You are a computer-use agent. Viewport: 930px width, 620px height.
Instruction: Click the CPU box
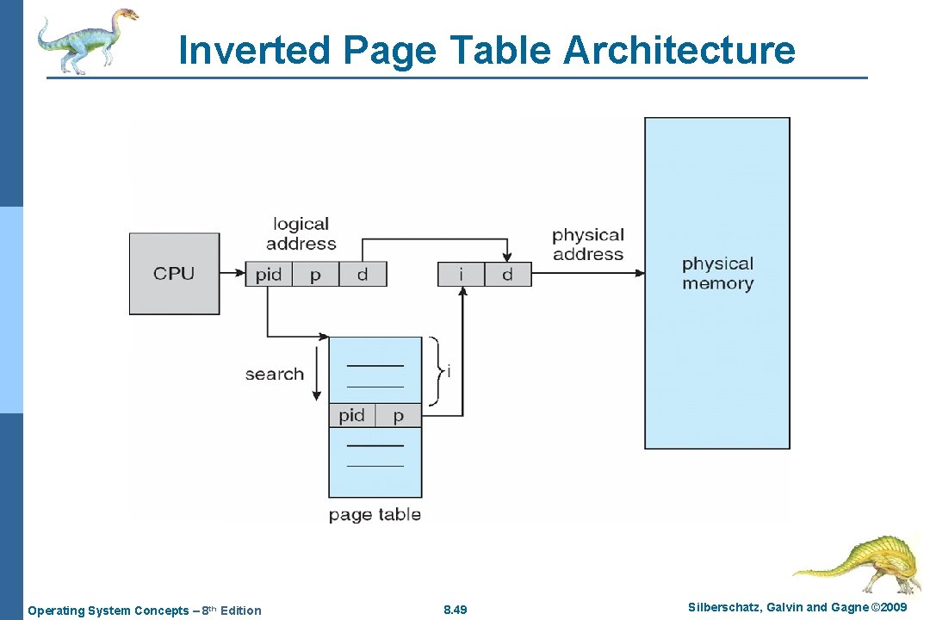pyautogui.click(x=174, y=274)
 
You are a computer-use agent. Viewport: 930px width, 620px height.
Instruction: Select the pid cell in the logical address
pyautogui.click(x=269, y=275)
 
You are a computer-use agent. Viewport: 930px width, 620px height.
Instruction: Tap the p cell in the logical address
pyautogui.click(x=315, y=275)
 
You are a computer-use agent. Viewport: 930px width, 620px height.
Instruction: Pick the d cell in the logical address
pyautogui.click(x=363, y=275)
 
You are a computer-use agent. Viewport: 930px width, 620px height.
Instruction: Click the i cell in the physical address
pyautogui.click(x=461, y=275)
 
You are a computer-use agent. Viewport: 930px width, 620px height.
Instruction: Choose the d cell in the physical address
pyautogui.click(x=507, y=275)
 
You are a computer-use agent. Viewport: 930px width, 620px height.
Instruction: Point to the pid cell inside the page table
pyautogui.click(x=351, y=416)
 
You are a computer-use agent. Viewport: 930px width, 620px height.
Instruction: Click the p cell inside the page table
pyautogui.click(x=398, y=416)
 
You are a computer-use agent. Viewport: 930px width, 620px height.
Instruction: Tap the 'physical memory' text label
pyautogui.click(x=717, y=274)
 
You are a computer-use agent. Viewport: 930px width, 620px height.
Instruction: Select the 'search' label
pyautogui.click(x=274, y=375)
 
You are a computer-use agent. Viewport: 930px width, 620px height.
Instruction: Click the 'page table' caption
pyautogui.click(x=375, y=515)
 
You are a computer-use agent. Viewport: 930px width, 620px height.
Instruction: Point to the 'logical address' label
pyautogui.click(x=301, y=234)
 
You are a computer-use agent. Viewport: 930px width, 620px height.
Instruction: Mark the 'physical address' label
pyautogui.click(x=588, y=245)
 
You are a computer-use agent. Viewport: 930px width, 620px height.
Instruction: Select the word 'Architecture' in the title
pyautogui.click(x=679, y=50)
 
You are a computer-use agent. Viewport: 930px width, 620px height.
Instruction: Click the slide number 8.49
pyautogui.click(x=455, y=611)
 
